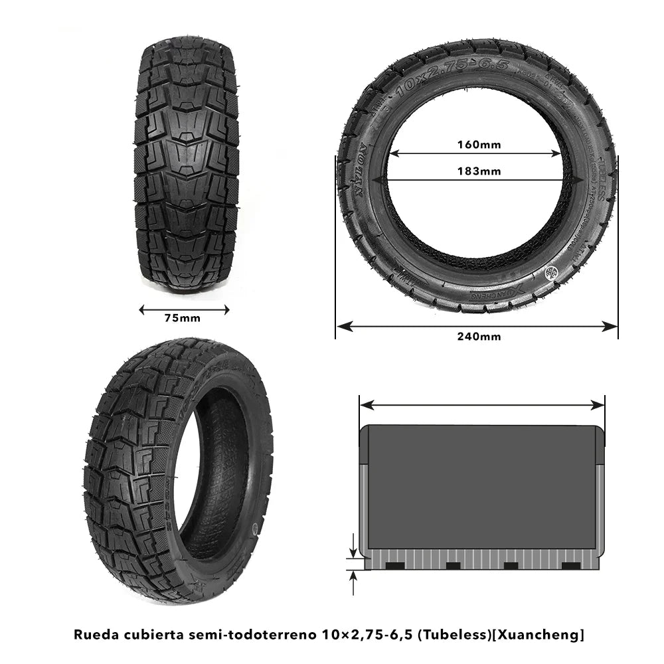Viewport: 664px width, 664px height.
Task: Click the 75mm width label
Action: tap(182, 318)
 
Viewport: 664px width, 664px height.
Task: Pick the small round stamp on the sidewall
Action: tap(550, 272)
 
